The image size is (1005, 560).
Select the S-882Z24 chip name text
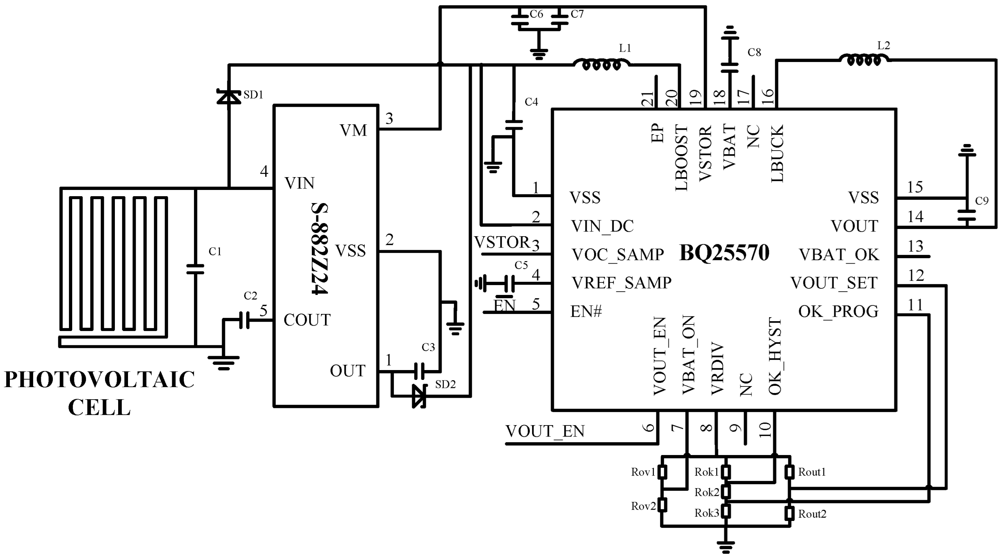[319, 249]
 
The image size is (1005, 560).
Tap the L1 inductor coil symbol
[601, 63]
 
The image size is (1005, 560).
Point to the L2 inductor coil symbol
[864, 60]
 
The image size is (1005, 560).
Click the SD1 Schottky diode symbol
[229, 96]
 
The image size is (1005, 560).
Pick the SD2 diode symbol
[419, 396]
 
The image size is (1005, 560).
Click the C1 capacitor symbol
[195, 269]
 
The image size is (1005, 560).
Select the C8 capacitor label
[754, 52]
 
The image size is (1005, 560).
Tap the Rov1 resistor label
[643, 472]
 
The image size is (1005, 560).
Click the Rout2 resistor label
[812, 514]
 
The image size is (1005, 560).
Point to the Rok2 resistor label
[707, 493]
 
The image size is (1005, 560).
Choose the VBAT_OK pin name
[839, 254]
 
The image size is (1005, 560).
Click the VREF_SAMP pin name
[621, 283]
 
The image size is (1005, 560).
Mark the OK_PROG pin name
[838, 311]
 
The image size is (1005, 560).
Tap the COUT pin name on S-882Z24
[307, 320]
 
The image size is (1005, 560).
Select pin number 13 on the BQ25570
[915, 246]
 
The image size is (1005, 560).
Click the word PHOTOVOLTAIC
[99, 380]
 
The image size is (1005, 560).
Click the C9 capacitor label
[982, 201]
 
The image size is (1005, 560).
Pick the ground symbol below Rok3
[726, 547]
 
